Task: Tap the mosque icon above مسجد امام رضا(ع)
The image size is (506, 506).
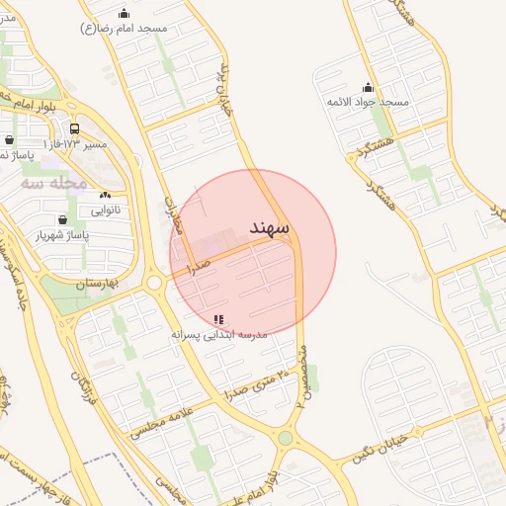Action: pos(124,13)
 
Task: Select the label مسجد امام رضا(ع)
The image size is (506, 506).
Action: pos(124,29)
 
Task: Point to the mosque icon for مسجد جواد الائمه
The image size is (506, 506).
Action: pos(368,87)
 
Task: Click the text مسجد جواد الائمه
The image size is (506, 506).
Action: pos(368,103)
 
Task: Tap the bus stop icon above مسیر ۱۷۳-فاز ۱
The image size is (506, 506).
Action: pos(75,128)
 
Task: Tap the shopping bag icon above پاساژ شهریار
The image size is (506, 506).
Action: pos(63,219)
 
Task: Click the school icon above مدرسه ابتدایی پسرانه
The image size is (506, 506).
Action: pos(218,319)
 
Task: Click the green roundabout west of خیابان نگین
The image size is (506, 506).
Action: pos(286,438)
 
